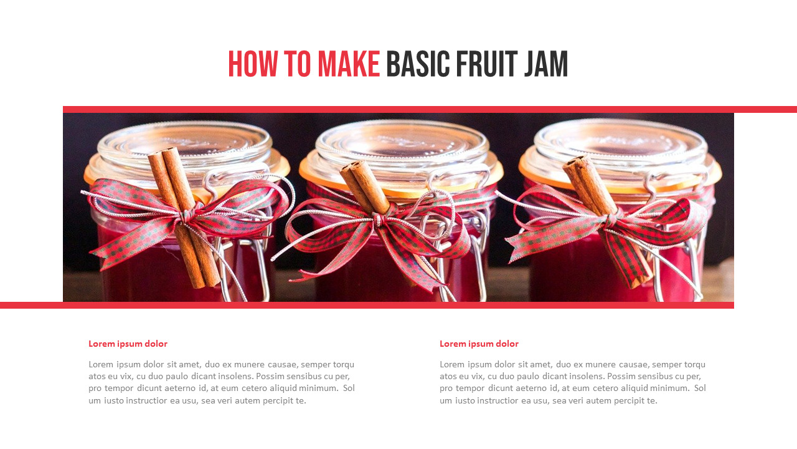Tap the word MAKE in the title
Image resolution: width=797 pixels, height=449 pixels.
pyautogui.click(x=349, y=64)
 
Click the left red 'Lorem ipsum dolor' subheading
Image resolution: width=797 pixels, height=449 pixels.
pyautogui.click(x=128, y=344)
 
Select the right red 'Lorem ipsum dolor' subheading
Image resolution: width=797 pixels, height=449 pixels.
pyautogui.click(x=479, y=344)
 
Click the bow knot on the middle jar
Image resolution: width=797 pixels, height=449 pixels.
pyautogui.click(x=378, y=219)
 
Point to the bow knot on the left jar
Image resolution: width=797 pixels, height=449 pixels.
pyautogui.click(x=184, y=216)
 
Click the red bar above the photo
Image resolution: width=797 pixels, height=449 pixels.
pyautogui.click(x=430, y=109)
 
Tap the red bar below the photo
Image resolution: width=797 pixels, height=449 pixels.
pyautogui.click(x=367, y=305)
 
